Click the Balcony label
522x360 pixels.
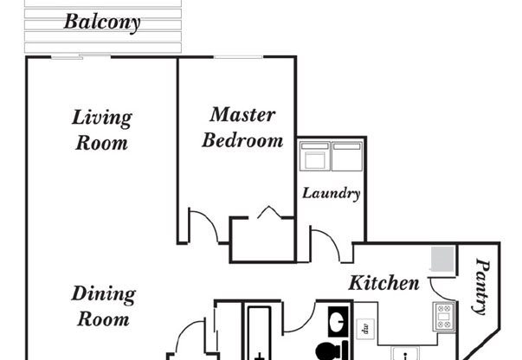pos(102,22)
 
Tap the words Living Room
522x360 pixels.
pos(102,129)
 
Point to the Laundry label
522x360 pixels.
pos(331,193)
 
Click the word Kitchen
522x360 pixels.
pos(383,283)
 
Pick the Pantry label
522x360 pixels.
pos(481,288)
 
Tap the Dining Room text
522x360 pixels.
pos(103,305)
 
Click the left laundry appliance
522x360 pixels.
pos(313,157)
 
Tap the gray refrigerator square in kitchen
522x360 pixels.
pos(442,260)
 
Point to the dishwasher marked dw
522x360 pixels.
pos(365,328)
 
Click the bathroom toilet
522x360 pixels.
pos(328,351)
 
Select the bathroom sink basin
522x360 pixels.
pos(336,321)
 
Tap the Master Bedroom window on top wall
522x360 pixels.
pos(238,58)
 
